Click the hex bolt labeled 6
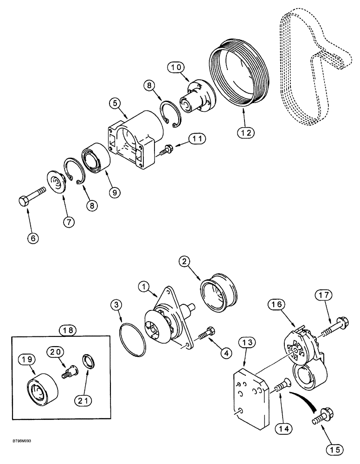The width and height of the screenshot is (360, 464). coord(32,195)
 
